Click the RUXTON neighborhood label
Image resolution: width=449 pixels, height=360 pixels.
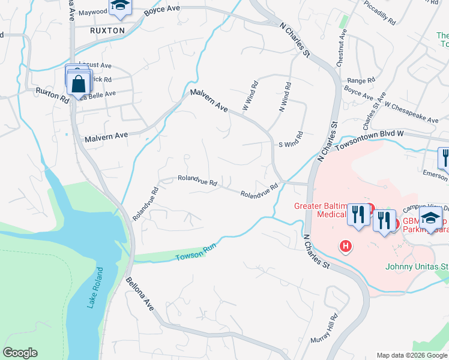pos(107,30)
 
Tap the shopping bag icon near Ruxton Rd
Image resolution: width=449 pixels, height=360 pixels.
pos(79,83)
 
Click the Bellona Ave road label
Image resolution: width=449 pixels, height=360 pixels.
pos(140,293)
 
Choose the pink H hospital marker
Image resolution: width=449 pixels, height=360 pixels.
pos(345,245)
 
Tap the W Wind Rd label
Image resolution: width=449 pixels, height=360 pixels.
pos(250,96)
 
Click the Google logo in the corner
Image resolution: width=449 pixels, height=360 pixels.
pos(20,353)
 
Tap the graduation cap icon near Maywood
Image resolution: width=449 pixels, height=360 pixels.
pos(119,7)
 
